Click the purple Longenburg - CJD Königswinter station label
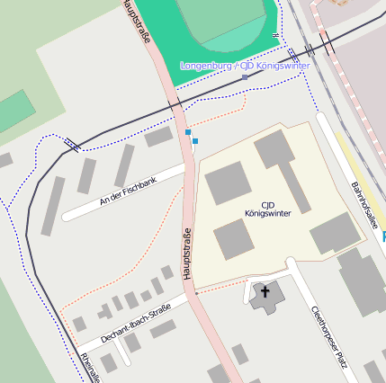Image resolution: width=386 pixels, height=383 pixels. (x=245, y=66)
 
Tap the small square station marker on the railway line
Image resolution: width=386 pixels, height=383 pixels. (x=245, y=77)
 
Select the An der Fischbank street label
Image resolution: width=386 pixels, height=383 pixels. (x=128, y=191)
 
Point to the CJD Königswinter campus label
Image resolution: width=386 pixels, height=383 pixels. (x=266, y=209)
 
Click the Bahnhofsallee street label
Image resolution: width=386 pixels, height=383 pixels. (x=363, y=205)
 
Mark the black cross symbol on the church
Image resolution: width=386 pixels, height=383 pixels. (x=265, y=291)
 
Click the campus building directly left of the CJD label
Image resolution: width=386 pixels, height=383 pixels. (x=228, y=184)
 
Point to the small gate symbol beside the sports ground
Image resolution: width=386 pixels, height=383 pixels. (x=276, y=35)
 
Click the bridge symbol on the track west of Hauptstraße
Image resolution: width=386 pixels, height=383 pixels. (x=70, y=142)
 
